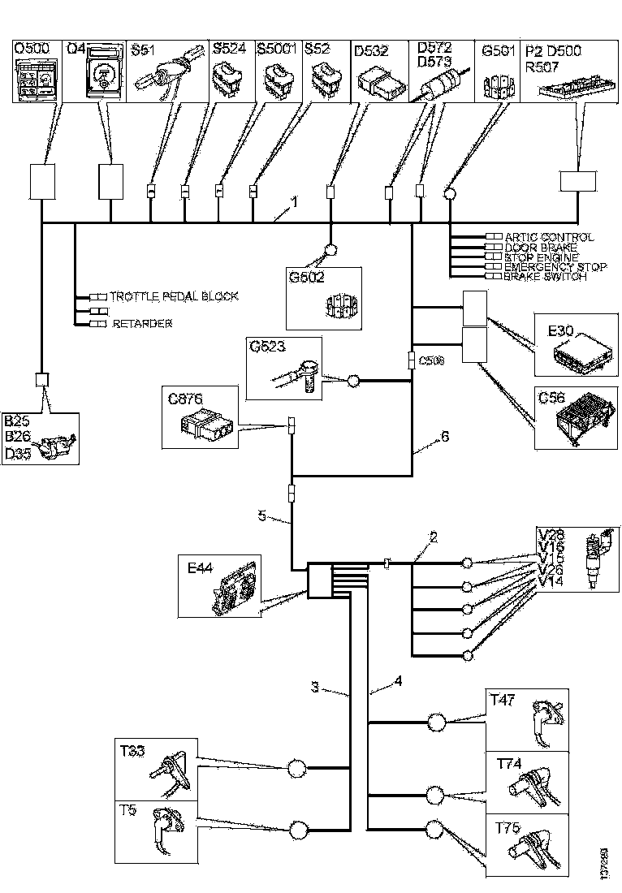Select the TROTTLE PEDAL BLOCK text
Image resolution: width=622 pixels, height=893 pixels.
click(x=174, y=296)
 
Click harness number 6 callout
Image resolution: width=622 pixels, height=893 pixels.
click(x=443, y=437)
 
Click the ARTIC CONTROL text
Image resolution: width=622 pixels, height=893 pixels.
click(x=548, y=237)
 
